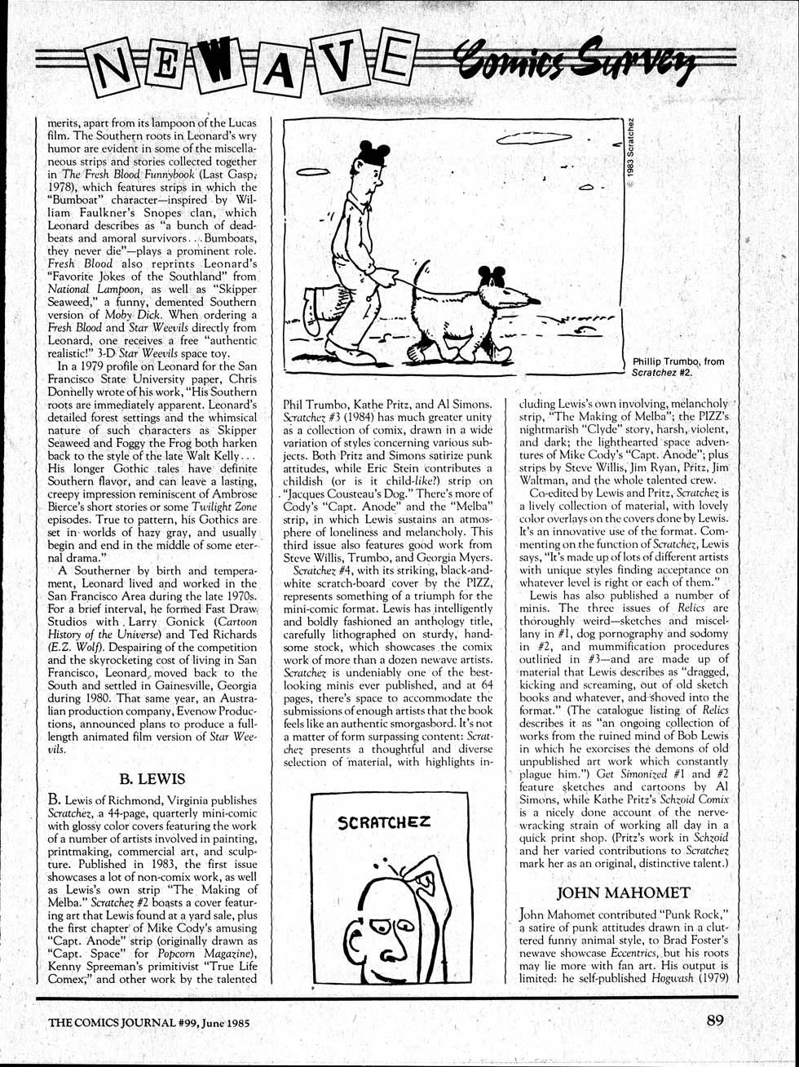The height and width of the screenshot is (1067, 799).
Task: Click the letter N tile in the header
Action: click(117, 68)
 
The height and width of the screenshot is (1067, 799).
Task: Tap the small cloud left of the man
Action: click(312, 171)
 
